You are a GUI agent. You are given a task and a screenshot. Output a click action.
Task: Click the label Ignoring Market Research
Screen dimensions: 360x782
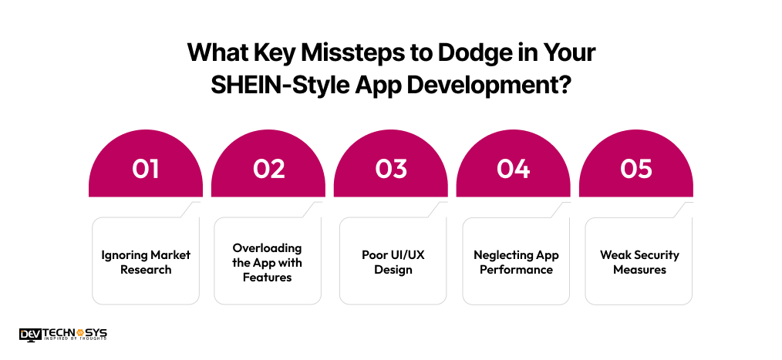[146, 262]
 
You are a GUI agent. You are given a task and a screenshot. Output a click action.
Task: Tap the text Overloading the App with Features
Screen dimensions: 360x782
[268, 262]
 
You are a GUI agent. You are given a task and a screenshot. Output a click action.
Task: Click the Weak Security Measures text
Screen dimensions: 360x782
[639, 262]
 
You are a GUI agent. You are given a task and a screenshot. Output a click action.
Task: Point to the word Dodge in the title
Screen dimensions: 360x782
[463, 55]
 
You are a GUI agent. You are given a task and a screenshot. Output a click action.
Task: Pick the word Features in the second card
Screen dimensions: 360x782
[268, 277]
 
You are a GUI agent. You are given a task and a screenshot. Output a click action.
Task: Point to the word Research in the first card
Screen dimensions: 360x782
[146, 270]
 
